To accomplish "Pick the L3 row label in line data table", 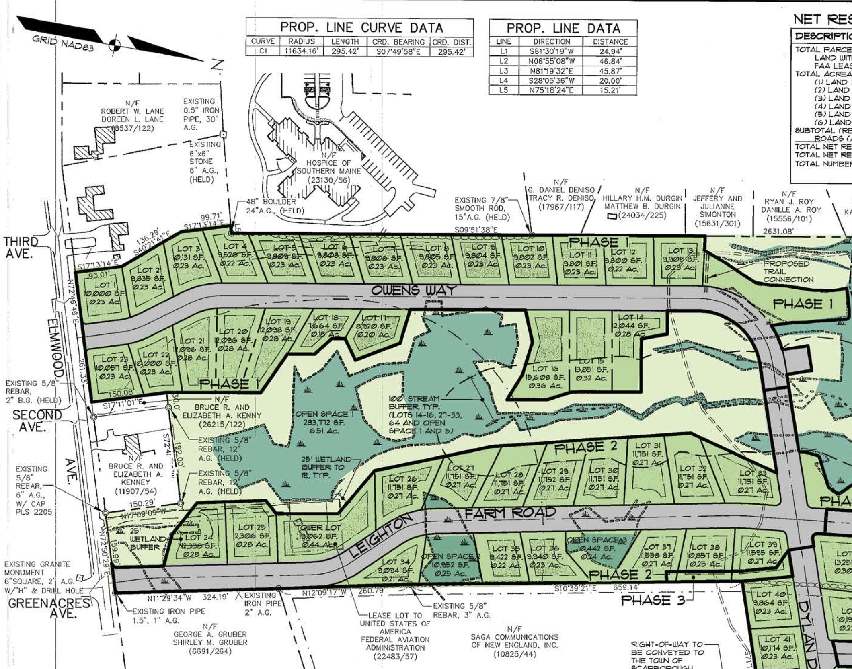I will [504, 71].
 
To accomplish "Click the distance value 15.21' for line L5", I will [610, 90].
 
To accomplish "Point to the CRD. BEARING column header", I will [398, 42].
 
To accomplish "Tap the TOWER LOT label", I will [318, 527].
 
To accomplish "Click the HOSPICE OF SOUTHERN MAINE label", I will [328, 167].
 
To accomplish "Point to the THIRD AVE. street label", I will [21, 247].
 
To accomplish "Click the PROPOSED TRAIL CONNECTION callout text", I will [788, 271].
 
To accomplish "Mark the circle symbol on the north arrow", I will [115, 45].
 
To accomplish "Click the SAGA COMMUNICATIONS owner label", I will [514, 640].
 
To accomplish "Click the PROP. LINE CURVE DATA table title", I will [361, 27].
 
